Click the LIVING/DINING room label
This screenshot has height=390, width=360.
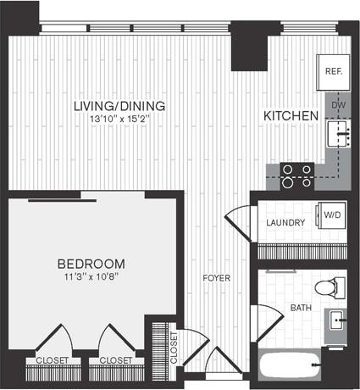(x=119, y=106)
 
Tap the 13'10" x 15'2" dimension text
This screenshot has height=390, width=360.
(x=119, y=120)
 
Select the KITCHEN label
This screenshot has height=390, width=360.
(x=291, y=116)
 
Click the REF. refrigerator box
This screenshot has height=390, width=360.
(x=333, y=71)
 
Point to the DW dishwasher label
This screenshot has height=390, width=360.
(x=338, y=105)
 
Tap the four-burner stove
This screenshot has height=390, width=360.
(x=297, y=175)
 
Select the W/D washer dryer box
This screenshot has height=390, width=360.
(x=330, y=216)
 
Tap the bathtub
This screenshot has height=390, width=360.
(x=292, y=367)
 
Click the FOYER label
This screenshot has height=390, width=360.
(x=213, y=277)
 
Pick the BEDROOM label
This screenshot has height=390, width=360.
(x=91, y=263)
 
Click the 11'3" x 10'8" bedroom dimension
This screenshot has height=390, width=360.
(x=91, y=276)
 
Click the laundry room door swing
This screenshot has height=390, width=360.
(x=240, y=221)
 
